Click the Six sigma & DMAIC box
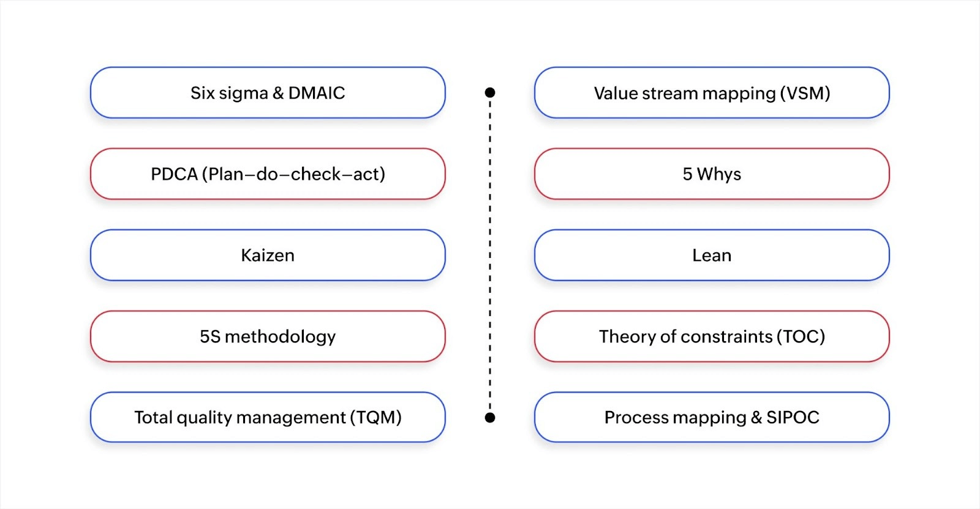pos(268,92)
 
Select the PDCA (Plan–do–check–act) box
pos(268,174)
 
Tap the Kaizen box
pos(268,255)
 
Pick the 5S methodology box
pos(268,336)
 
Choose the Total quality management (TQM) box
pos(268,417)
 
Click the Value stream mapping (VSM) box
pos(712,92)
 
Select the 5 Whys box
pos(712,174)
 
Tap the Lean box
pos(712,255)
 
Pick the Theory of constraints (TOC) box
pos(712,336)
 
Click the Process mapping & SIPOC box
pos(712,417)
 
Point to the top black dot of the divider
pos(490,92)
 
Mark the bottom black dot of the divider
pos(490,418)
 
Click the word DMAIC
pos(317,92)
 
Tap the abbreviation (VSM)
pos(805,93)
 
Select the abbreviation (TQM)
pos(375,418)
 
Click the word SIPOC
pos(793,418)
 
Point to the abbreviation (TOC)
pos(801,337)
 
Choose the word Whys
pos(719,175)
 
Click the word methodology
pos(280,337)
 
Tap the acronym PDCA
pos(174,175)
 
